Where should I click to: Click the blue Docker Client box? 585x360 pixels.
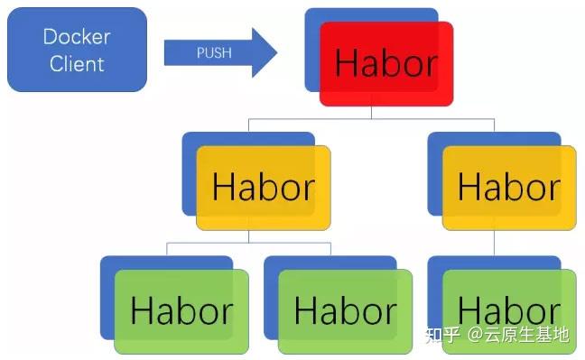(x=77, y=50)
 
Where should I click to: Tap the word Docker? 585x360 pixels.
(x=77, y=37)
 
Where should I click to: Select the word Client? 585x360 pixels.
(x=77, y=63)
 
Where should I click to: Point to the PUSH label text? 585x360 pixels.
(x=213, y=52)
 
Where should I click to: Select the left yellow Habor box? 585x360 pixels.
(x=263, y=188)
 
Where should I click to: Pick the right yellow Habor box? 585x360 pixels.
(x=508, y=188)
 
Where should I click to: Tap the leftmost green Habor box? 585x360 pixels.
(x=181, y=311)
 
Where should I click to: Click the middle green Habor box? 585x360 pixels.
(x=345, y=311)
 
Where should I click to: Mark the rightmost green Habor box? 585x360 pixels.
(x=508, y=311)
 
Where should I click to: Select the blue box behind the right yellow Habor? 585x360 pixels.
(x=434, y=171)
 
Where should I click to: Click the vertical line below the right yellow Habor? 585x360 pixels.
(x=494, y=243)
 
